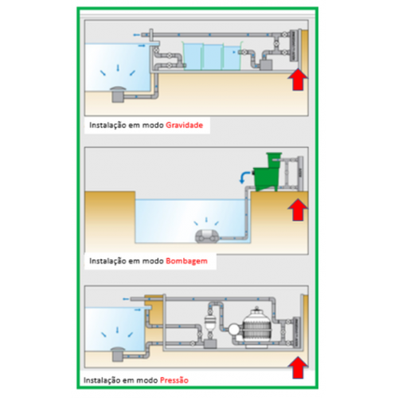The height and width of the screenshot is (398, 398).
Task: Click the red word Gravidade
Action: coord(185,125)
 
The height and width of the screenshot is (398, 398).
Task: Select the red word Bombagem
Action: coord(186,261)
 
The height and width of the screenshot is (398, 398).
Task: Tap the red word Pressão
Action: coord(174,380)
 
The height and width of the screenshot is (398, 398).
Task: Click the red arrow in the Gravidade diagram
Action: coord(298,79)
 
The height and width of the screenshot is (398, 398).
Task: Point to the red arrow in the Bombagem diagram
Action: coord(298,209)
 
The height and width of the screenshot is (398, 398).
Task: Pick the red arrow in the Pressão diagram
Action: coord(298,368)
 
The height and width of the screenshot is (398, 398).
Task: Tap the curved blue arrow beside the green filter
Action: coord(244,177)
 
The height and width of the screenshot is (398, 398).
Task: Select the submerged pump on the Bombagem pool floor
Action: coord(207,236)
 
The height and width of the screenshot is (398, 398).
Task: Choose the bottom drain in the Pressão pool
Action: coord(118,354)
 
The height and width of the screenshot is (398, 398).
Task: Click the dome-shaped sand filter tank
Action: coord(256,327)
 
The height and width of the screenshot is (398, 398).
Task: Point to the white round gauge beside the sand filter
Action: coord(234,330)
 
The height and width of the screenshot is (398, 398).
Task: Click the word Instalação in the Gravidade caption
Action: coord(107,125)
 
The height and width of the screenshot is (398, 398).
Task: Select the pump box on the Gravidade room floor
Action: coord(266,65)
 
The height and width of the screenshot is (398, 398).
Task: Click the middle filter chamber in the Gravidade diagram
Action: coord(213,57)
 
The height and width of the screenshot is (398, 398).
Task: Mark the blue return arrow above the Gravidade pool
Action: coord(136,35)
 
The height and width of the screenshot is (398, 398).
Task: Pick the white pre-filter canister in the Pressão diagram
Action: coord(210,323)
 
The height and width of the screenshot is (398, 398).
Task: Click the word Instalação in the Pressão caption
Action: coord(102,380)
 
